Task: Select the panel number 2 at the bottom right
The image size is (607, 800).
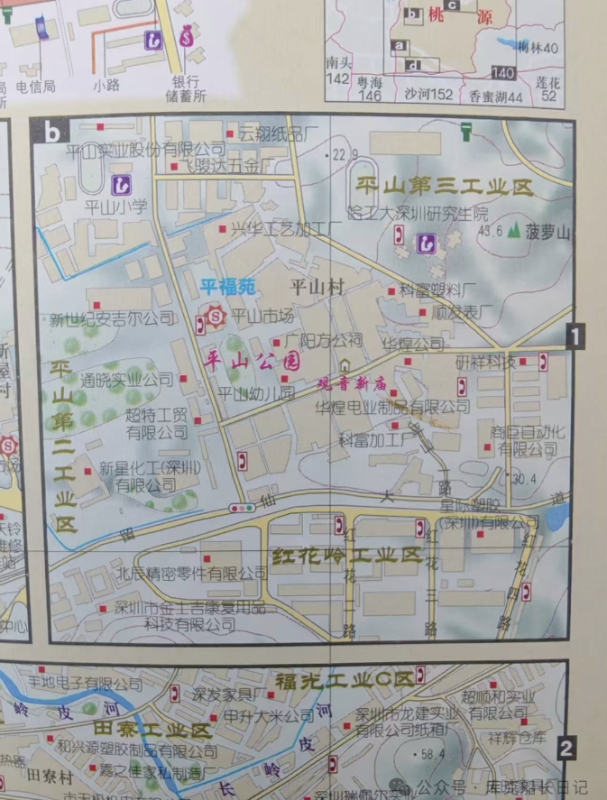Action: point(566,748)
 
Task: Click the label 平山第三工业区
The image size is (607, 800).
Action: point(444,188)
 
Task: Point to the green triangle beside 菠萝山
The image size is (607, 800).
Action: point(514,231)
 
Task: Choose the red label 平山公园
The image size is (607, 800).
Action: point(253,362)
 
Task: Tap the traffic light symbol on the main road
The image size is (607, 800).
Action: point(242,508)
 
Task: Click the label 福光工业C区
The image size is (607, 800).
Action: point(344,677)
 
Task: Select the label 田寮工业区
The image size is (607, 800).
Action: point(153,728)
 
